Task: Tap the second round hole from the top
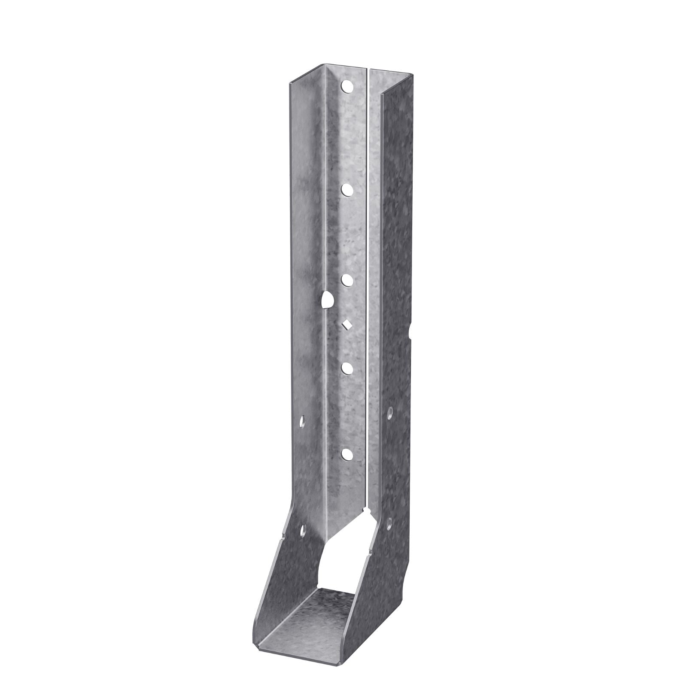(347, 188)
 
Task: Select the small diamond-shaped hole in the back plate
(346, 325)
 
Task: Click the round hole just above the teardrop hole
(347, 280)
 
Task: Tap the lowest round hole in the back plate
(347, 454)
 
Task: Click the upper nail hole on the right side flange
(390, 413)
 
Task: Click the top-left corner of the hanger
(289, 82)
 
